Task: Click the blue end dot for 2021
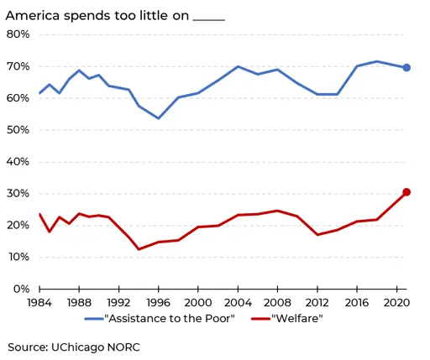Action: click(406, 68)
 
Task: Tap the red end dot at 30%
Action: click(406, 192)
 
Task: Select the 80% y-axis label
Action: click(18, 34)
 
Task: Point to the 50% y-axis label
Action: click(18, 130)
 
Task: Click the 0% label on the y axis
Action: click(21, 289)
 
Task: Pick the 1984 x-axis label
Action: click(39, 303)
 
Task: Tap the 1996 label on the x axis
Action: click(159, 303)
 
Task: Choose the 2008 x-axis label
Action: click(277, 303)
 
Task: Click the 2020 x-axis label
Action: click(396, 303)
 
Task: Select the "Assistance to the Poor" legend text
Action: click(170, 319)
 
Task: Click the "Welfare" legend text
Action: click(297, 319)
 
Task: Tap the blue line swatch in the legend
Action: click(94, 319)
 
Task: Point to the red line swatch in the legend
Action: click(261, 319)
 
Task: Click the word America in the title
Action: click(33, 16)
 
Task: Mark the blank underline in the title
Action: click(209, 20)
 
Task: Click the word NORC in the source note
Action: click(123, 347)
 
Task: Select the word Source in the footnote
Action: click(28, 347)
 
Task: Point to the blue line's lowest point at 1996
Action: click(159, 118)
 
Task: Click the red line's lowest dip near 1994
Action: click(139, 249)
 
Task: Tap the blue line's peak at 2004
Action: click(238, 66)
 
